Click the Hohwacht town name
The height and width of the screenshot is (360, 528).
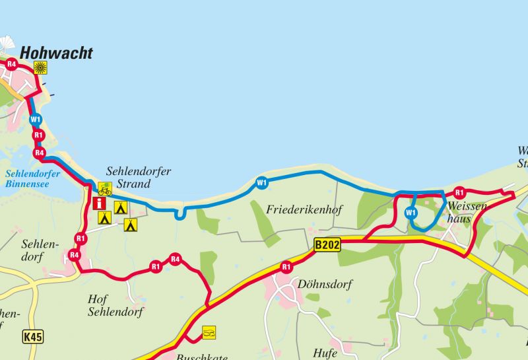point(57,54)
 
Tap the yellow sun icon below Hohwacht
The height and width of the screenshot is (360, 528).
point(41,67)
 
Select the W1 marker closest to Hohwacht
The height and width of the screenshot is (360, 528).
point(36,120)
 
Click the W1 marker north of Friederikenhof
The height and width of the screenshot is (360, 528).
point(262,182)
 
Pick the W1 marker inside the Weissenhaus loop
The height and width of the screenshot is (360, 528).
point(411,213)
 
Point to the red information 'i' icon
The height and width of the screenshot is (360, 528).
point(100,203)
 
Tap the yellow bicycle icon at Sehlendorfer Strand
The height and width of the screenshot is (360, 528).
point(104,189)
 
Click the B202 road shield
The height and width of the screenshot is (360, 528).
point(327,245)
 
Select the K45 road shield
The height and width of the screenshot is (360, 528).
point(32,337)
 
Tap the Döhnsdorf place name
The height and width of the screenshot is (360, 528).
point(325,285)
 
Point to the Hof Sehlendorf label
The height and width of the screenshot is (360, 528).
point(115,305)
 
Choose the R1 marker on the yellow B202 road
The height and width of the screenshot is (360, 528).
point(286,267)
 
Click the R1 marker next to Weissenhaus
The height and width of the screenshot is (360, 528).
point(459,193)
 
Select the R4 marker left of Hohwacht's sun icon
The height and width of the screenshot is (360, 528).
point(11,65)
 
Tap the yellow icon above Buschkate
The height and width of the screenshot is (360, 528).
point(209,332)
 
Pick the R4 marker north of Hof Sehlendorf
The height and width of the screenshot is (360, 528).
point(174,259)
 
